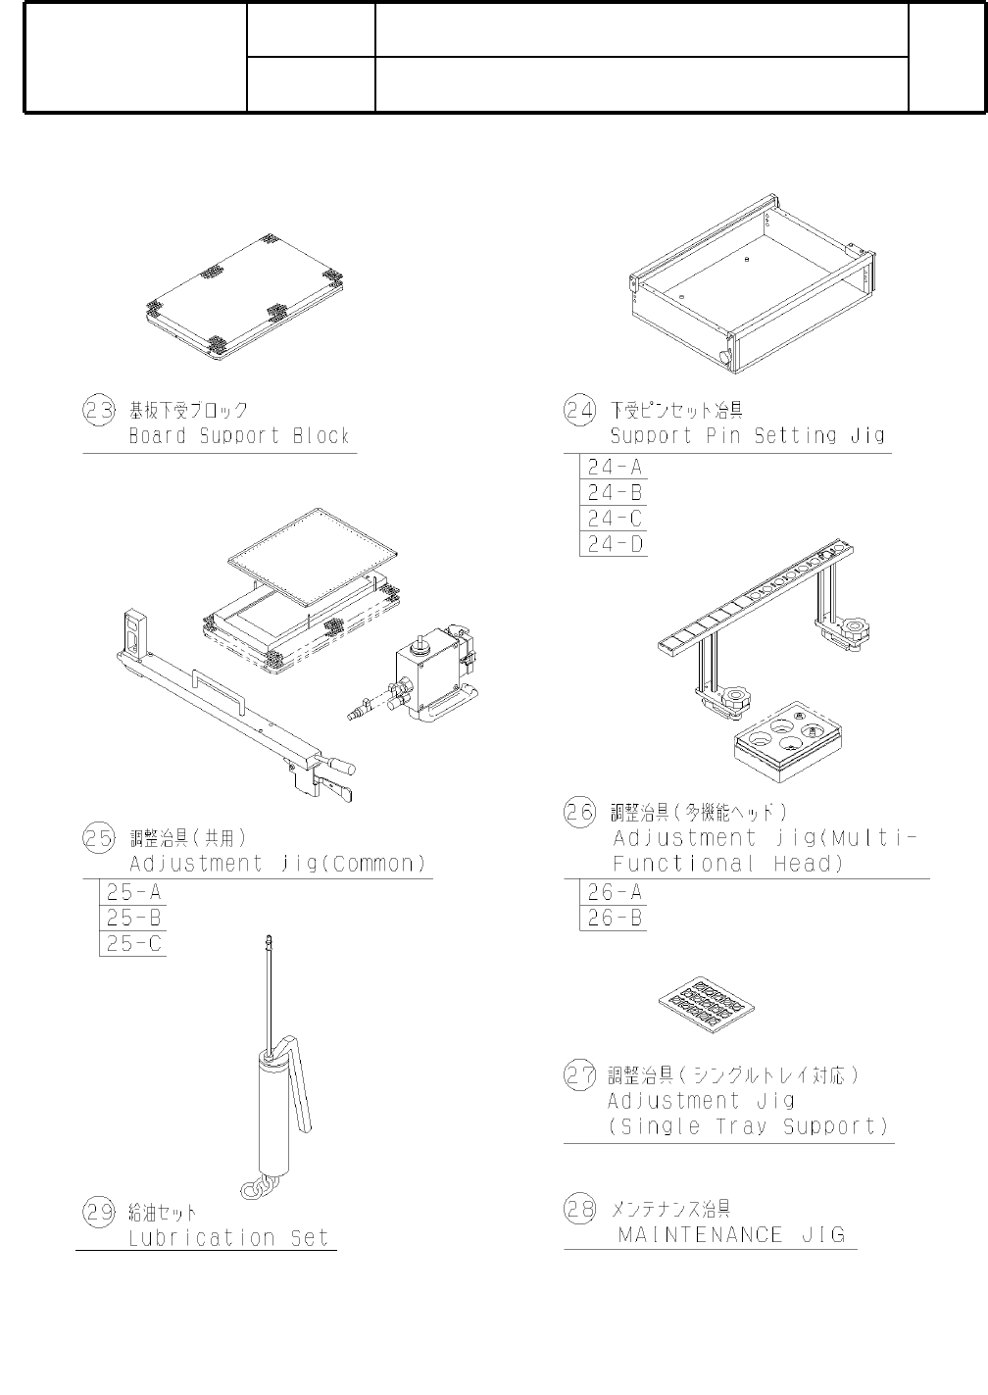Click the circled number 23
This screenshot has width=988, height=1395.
pos(99,411)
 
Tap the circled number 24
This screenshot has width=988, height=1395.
pos(579,411)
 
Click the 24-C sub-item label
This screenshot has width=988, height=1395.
pos(615,519)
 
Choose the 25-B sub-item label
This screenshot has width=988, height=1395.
pos(134,918)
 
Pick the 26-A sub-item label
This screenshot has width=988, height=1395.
pos(615,892)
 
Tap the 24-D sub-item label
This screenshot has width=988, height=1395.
pos(615,544)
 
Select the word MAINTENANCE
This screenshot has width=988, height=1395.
pos(701,1234)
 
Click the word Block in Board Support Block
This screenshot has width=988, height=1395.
pos(321,435)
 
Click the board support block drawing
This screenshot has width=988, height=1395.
pos(244,298)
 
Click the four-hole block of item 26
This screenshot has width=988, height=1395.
pos(788,741)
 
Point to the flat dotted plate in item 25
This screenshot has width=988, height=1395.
pos(313,558)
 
